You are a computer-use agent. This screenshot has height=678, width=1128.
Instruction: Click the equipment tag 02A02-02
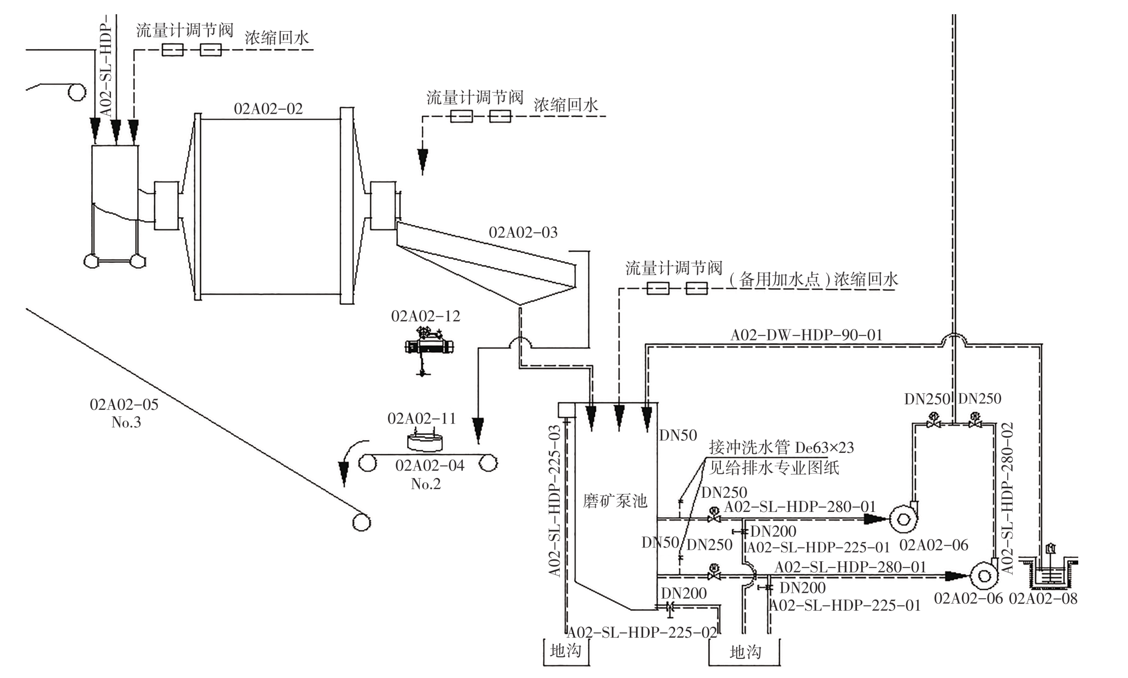pos(268,109)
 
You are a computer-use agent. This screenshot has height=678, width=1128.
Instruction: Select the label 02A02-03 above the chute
pos(523,233)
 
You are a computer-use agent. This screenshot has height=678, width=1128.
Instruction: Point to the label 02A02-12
pos(425,316)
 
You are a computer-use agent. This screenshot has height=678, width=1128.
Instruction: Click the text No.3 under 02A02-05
pos(126,422)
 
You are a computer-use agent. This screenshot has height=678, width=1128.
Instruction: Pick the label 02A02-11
pos(421,418)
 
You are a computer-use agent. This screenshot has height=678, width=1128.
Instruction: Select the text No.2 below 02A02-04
pos(426,484)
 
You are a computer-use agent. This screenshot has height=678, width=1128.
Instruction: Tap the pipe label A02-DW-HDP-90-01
pos(806,335)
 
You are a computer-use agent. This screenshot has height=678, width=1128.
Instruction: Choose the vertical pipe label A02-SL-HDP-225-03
pos(555,500)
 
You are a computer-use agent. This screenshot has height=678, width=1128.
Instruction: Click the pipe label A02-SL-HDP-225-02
pos(642,633)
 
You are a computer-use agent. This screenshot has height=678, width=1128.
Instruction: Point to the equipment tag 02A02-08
pos(1043,599)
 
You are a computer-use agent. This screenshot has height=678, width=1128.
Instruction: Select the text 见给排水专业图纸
pos(774,468)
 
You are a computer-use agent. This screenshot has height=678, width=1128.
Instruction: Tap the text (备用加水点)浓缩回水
pos(813,280)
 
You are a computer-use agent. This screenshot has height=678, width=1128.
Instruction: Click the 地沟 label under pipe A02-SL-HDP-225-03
pos(565,651)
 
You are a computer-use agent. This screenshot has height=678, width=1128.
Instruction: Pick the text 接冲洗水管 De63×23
pos(781,448)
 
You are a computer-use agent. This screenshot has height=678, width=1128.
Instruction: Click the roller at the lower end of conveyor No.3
pos(361,522)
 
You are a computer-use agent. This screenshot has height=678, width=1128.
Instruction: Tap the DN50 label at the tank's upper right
pos(678,435)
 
